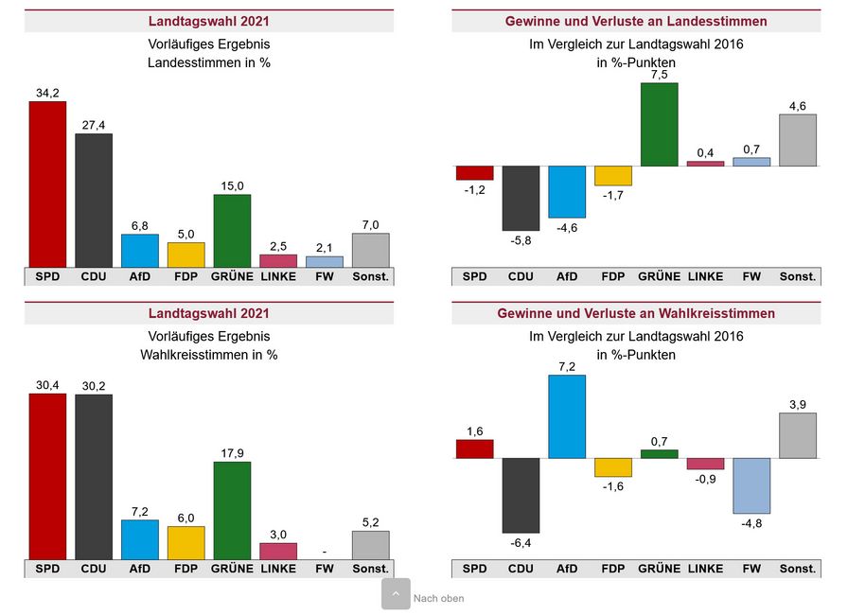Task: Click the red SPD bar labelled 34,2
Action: (47, 184)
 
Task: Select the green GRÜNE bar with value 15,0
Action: (232, 231)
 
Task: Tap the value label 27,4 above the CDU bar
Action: (94, 125)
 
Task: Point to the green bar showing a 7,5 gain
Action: (660, 125)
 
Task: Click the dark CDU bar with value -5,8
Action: (521, 198)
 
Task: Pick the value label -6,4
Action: (521, 543)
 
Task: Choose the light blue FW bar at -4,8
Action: (751, 485)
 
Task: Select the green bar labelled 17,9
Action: (232, 510)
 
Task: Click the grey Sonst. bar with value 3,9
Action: (798, 435)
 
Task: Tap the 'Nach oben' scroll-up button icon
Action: (396, 594)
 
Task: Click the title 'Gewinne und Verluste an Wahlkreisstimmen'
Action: (636, 313)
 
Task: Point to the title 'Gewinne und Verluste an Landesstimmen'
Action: (636, 21)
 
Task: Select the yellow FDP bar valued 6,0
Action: (186, 542)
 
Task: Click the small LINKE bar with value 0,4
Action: (705, 164)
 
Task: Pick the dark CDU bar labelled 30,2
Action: (94, 476)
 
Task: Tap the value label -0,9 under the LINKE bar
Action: (705, 480)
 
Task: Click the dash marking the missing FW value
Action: (325, 552)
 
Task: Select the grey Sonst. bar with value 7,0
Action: (371, 250)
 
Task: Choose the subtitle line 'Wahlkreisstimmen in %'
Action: (209, 355)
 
